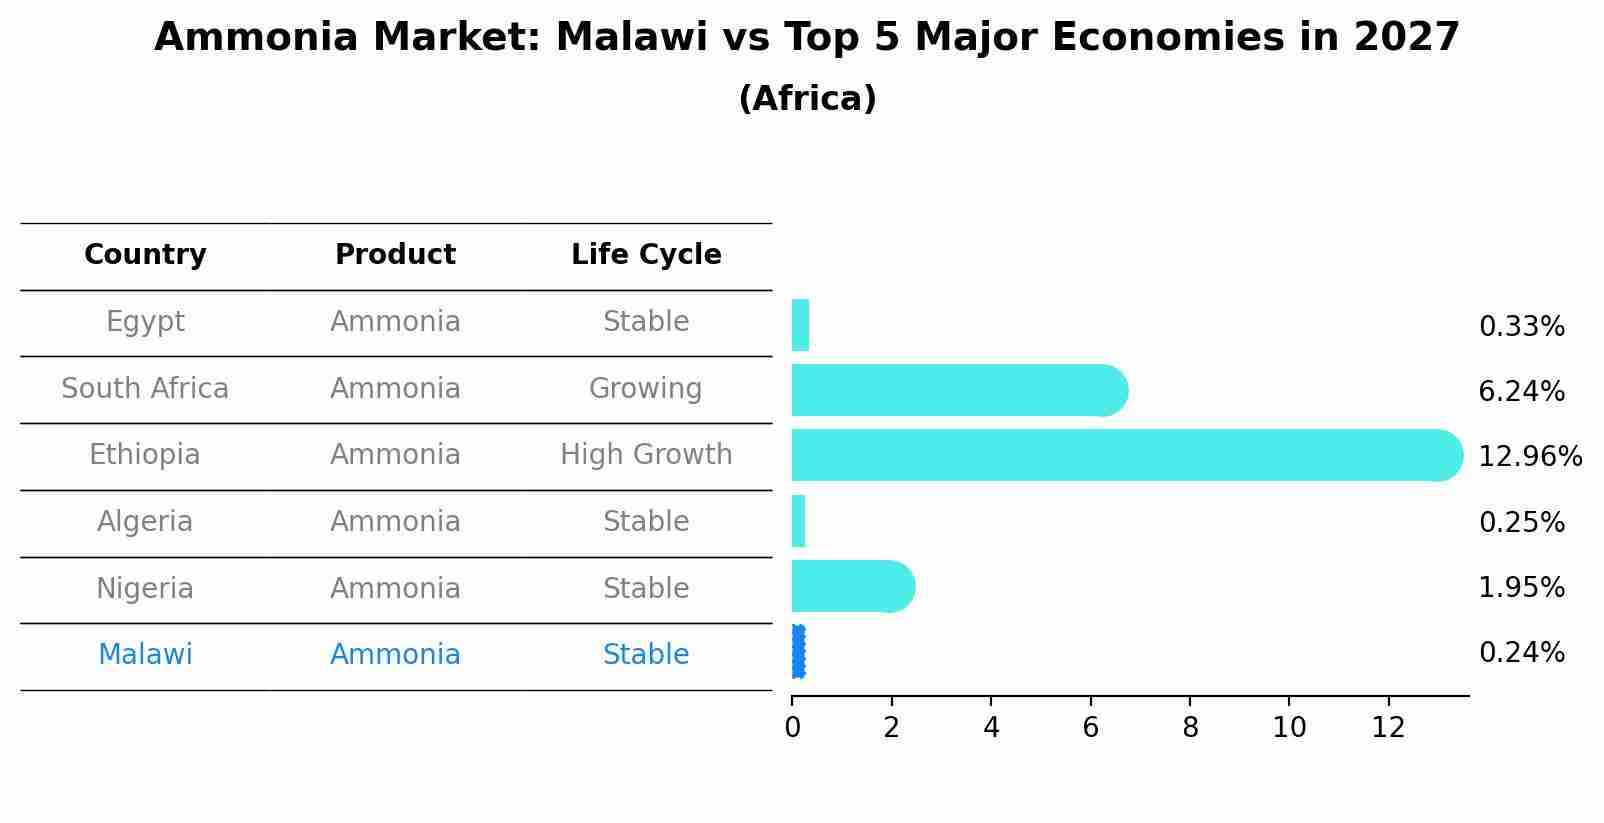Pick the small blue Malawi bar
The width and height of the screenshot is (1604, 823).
click(x=798, y=652)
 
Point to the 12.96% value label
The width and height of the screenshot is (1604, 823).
click(x=1529, y=457)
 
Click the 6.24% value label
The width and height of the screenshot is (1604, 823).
click(x=1521, y=392)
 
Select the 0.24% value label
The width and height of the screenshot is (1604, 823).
click(x=1521, y=653)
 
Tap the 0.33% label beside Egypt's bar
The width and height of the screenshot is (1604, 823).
click(x=1521, y=327)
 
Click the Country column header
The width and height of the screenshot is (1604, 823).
click(x=145, y=255)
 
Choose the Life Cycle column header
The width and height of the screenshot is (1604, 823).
click(x=646, y=255)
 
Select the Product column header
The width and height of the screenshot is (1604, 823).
click(x=395, y=255)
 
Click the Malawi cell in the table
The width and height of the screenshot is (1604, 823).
click(x=145, y=655)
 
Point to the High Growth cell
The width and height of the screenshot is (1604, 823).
click(x=646, y=455)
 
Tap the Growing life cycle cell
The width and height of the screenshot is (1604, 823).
click(x=646, y=389)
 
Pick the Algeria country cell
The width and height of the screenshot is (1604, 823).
click(x=145, y=522)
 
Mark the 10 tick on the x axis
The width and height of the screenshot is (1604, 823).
click(x=1289, y=728)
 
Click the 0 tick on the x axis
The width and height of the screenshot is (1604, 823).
click(x=792, y=728)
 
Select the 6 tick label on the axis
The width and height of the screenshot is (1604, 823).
click(x=1090, y=728)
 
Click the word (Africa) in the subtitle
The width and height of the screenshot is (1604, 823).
click(x=807, y=99)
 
